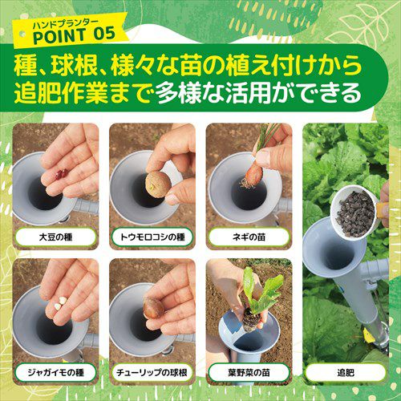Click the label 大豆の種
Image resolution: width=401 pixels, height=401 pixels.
point(55,237)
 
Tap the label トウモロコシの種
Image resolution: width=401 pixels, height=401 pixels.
point(152,237)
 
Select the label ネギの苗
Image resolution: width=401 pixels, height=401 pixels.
point(249,237)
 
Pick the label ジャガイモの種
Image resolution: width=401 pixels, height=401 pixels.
point(55,372)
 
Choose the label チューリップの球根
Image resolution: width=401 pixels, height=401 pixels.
point(152,372)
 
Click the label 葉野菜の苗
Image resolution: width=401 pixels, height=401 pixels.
point(249,372)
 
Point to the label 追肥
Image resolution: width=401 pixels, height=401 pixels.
point(346,372)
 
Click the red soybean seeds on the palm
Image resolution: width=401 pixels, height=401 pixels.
point(62,174)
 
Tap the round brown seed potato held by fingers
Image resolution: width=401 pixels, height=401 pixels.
point(158,184)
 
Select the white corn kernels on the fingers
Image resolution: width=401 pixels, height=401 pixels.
point(60,303)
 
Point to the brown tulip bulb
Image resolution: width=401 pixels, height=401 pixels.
point(153,308)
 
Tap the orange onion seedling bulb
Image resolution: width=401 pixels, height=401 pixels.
point(253,174)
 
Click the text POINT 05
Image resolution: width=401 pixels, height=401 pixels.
point(74,35)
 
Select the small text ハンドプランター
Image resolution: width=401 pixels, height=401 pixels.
point(66,24)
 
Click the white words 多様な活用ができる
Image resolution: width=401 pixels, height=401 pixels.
point(258,93)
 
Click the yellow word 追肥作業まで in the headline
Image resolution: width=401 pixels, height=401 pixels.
point(83,93)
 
